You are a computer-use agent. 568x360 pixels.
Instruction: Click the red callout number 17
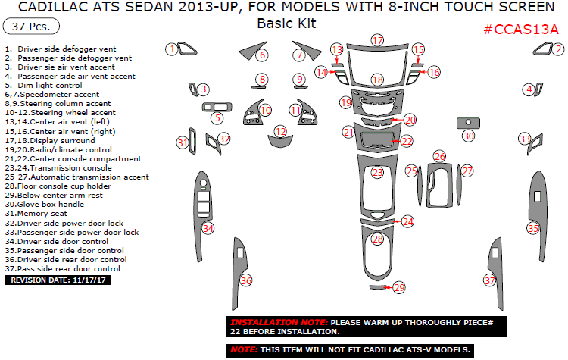(x=377, y=39)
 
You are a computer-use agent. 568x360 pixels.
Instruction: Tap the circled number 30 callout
(x=469, y=136)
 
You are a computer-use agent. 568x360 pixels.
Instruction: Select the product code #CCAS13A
(x=521, y=30)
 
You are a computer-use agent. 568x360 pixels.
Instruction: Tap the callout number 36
(x=245, y=281)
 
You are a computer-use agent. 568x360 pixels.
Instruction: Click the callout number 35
(x=533, y=228)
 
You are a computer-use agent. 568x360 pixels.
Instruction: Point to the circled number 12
(x=281, y=132)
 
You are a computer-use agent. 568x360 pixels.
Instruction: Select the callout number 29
(x=399, y=287)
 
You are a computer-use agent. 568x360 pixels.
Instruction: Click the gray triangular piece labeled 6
(x=251, y=52)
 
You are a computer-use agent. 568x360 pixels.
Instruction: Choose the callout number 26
(x=439, y=156)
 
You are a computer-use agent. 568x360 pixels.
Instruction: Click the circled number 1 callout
(x=172, y=49)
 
